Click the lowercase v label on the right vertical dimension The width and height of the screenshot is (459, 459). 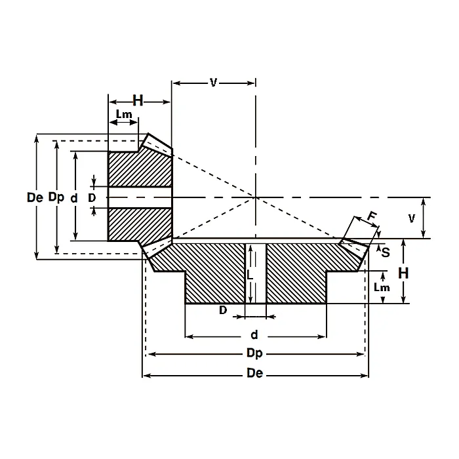[x=412, y=218]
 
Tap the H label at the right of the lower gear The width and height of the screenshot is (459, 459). [x=404, y=272]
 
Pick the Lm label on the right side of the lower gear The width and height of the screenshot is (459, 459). [x=379, y=287]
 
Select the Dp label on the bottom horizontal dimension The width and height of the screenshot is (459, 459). [x=255, y=354]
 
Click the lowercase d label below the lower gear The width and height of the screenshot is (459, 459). [x=254, y=336]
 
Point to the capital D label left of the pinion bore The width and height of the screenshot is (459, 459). [x=92, y=197]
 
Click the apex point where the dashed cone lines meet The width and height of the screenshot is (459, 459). [x=256, y=197]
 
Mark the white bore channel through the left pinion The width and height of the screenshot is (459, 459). [x=139, y=197]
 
